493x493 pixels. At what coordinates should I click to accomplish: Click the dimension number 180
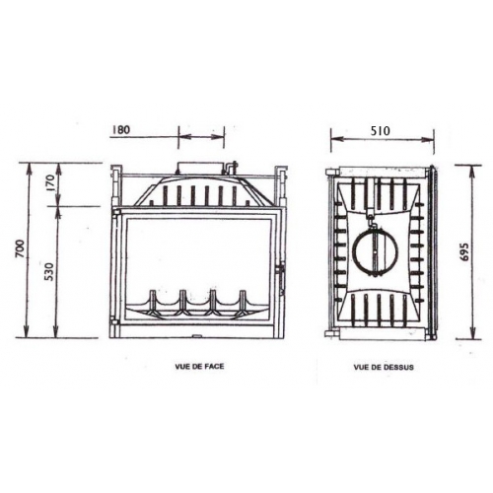pyautogui.click(x=149, y=128)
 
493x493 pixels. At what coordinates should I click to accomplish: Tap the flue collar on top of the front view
pyautogui.click(x=200, y=169)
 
